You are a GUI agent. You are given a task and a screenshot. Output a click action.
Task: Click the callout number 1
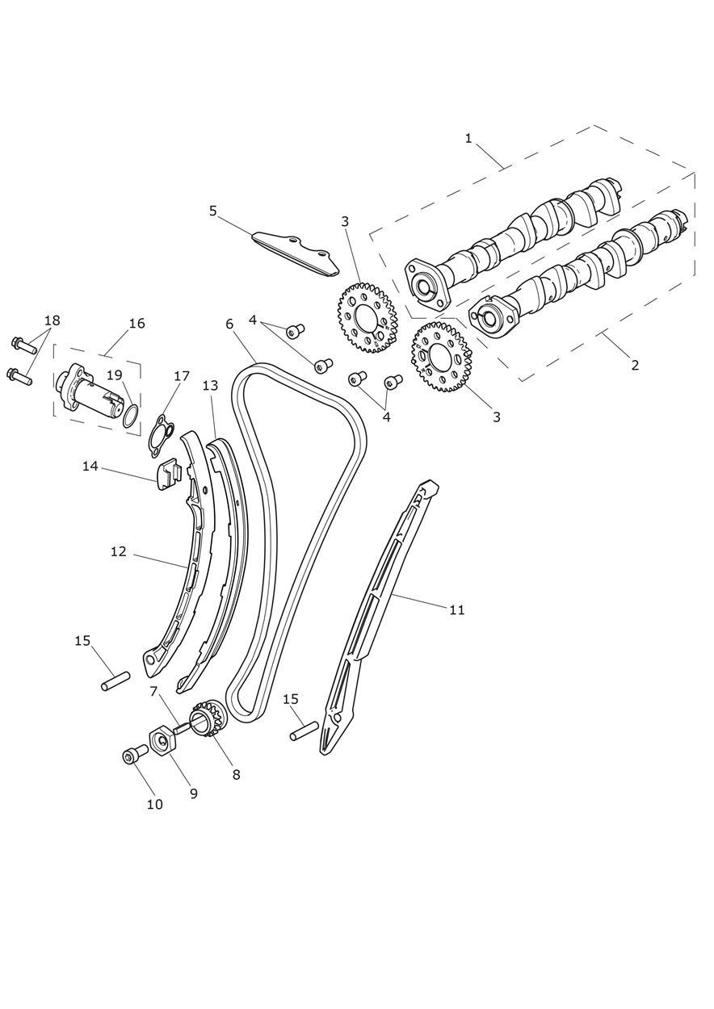tap(468, 138)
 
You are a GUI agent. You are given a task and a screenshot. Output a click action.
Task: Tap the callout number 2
tap(635, 365)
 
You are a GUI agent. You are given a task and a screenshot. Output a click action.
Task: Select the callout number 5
tap(213, 211)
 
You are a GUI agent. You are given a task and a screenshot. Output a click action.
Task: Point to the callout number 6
tap(229, 324)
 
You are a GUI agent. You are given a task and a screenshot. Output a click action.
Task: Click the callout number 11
tap(457, 609)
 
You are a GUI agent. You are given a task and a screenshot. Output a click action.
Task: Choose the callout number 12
tap(119, 551)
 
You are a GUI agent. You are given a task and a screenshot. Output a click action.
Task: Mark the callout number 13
tap(210, 386)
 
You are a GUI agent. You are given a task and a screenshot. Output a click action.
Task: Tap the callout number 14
tap(90, 466)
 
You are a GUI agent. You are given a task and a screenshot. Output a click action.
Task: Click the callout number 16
tap(136, 323)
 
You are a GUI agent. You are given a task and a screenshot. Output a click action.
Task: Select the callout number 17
tap(182, 376)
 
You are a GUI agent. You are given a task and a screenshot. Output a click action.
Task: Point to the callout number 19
tap(115, 375)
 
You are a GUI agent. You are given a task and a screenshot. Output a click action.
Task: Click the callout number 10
tap(154, 804)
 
